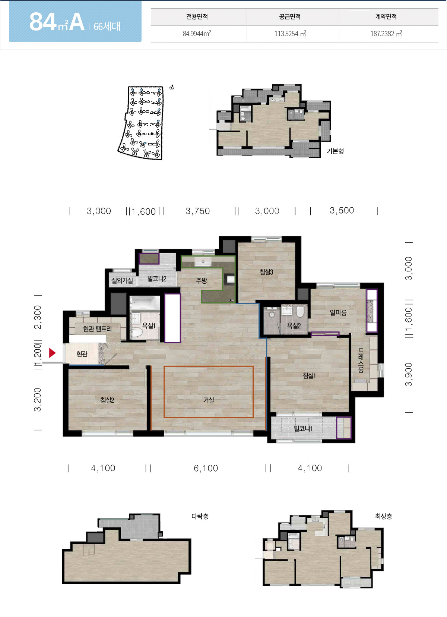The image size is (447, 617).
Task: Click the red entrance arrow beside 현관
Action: pyautogui.click(x=52, y=353)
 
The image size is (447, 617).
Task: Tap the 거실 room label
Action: pyautogui.click(x=209, y=400)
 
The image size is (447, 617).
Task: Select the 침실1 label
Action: pyautogui.click(x=309, y=375)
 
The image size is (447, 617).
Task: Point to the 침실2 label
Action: pyautogui.click(x=107, y=400)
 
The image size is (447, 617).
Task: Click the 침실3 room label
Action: pyautogui.click(x=266, y=272)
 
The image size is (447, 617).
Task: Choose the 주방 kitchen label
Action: pyautogui.click(x=202, y=280)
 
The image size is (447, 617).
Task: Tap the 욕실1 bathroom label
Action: pyautogui.click(x=149, y=325)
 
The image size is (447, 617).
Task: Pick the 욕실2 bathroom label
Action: pyautogui.click(x=294, y=325)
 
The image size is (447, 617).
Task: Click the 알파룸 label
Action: pyautogui.click(x=338, y=312)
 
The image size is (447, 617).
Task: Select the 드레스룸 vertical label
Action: pyautogui.click(x=361, y=361)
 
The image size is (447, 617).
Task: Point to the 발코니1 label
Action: pyautogui.click(x=303, y=429)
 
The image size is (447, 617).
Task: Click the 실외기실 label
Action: pyautogui.click(x=122, y=280)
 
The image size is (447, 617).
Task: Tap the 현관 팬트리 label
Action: pyautogui.click(x=98, y=329)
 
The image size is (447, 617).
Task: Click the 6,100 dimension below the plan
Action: pyautogui.click(x=206, y=468)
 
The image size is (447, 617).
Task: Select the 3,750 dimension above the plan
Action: pyautogui.click(x=198, y=211)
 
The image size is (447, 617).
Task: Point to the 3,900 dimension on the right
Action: pyautogui.click(x=409, y=375)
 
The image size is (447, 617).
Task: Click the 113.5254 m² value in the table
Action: pyautogui.click(x=290, y=34)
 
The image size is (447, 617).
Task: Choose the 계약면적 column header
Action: pyautogui.click(x=386, y=17)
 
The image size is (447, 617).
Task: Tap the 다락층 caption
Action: pyautogui.click(x=200, y=516)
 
